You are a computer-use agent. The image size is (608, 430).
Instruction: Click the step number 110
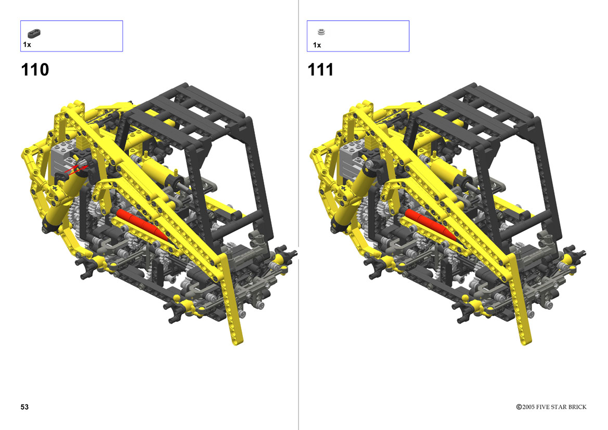click(35, 70)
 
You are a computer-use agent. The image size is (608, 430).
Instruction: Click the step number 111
click(321, 70)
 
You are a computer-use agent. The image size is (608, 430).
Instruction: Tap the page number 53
click(24, 407)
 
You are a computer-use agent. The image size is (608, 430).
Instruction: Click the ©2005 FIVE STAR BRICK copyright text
click(551, 407)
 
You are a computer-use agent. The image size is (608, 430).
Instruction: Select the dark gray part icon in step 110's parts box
click(34, 33)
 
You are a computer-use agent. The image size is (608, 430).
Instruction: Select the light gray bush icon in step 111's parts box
click(321, 32)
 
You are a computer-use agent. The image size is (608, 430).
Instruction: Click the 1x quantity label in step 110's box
click(27, 45)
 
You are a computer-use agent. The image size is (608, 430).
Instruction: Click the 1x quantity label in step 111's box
click(317, 45)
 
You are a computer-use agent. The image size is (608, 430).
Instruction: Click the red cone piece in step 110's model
click(142, 225)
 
